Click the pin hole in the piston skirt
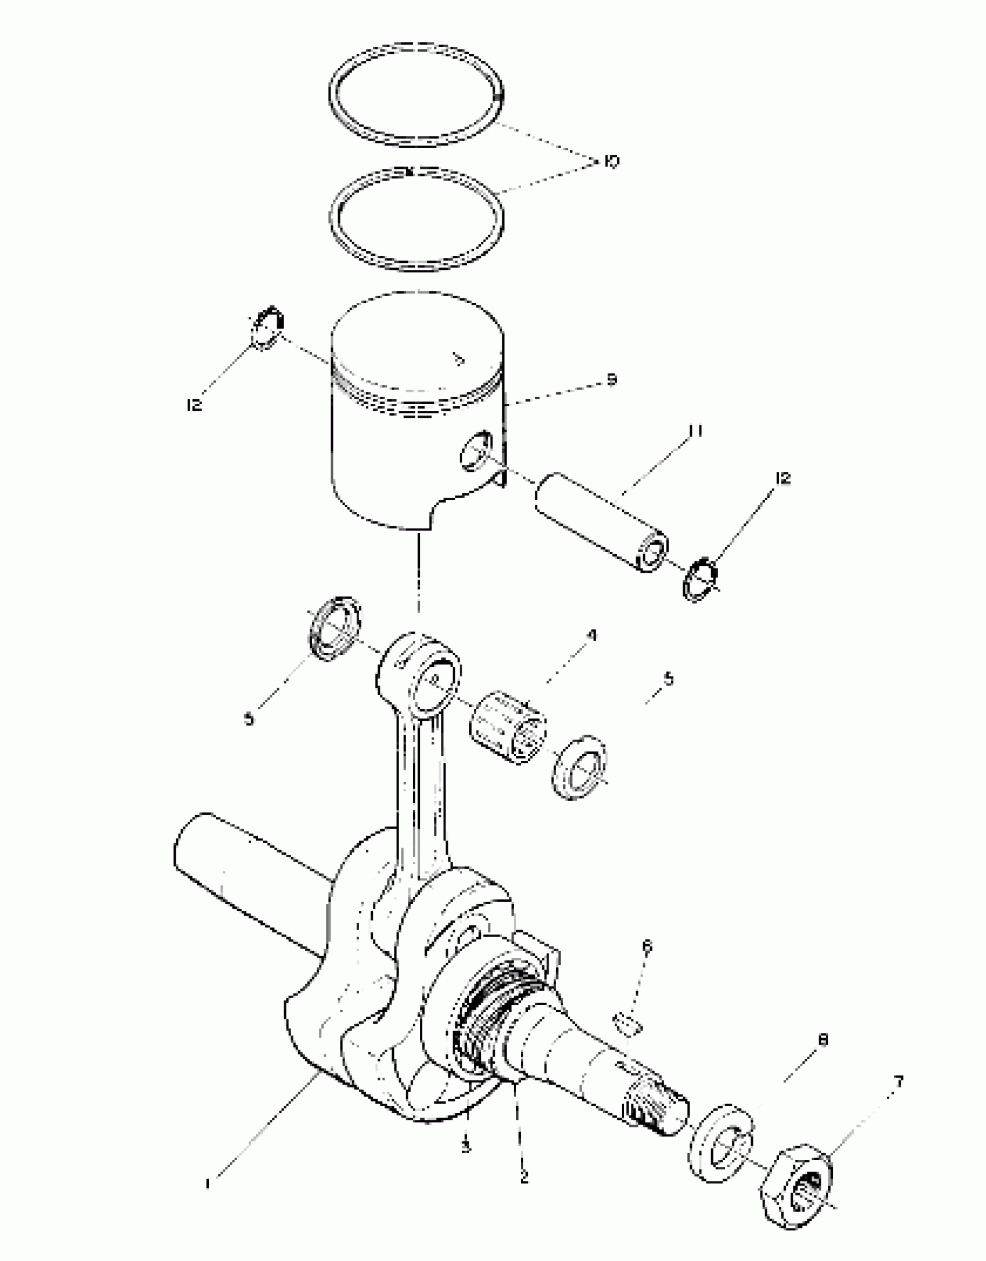tap(476, 450)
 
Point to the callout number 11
tap(696, 431)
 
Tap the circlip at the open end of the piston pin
tap(699, 580)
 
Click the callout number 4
tap(591, 635)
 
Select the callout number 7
tap(898, 1081)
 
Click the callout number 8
tap(822, 1039)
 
